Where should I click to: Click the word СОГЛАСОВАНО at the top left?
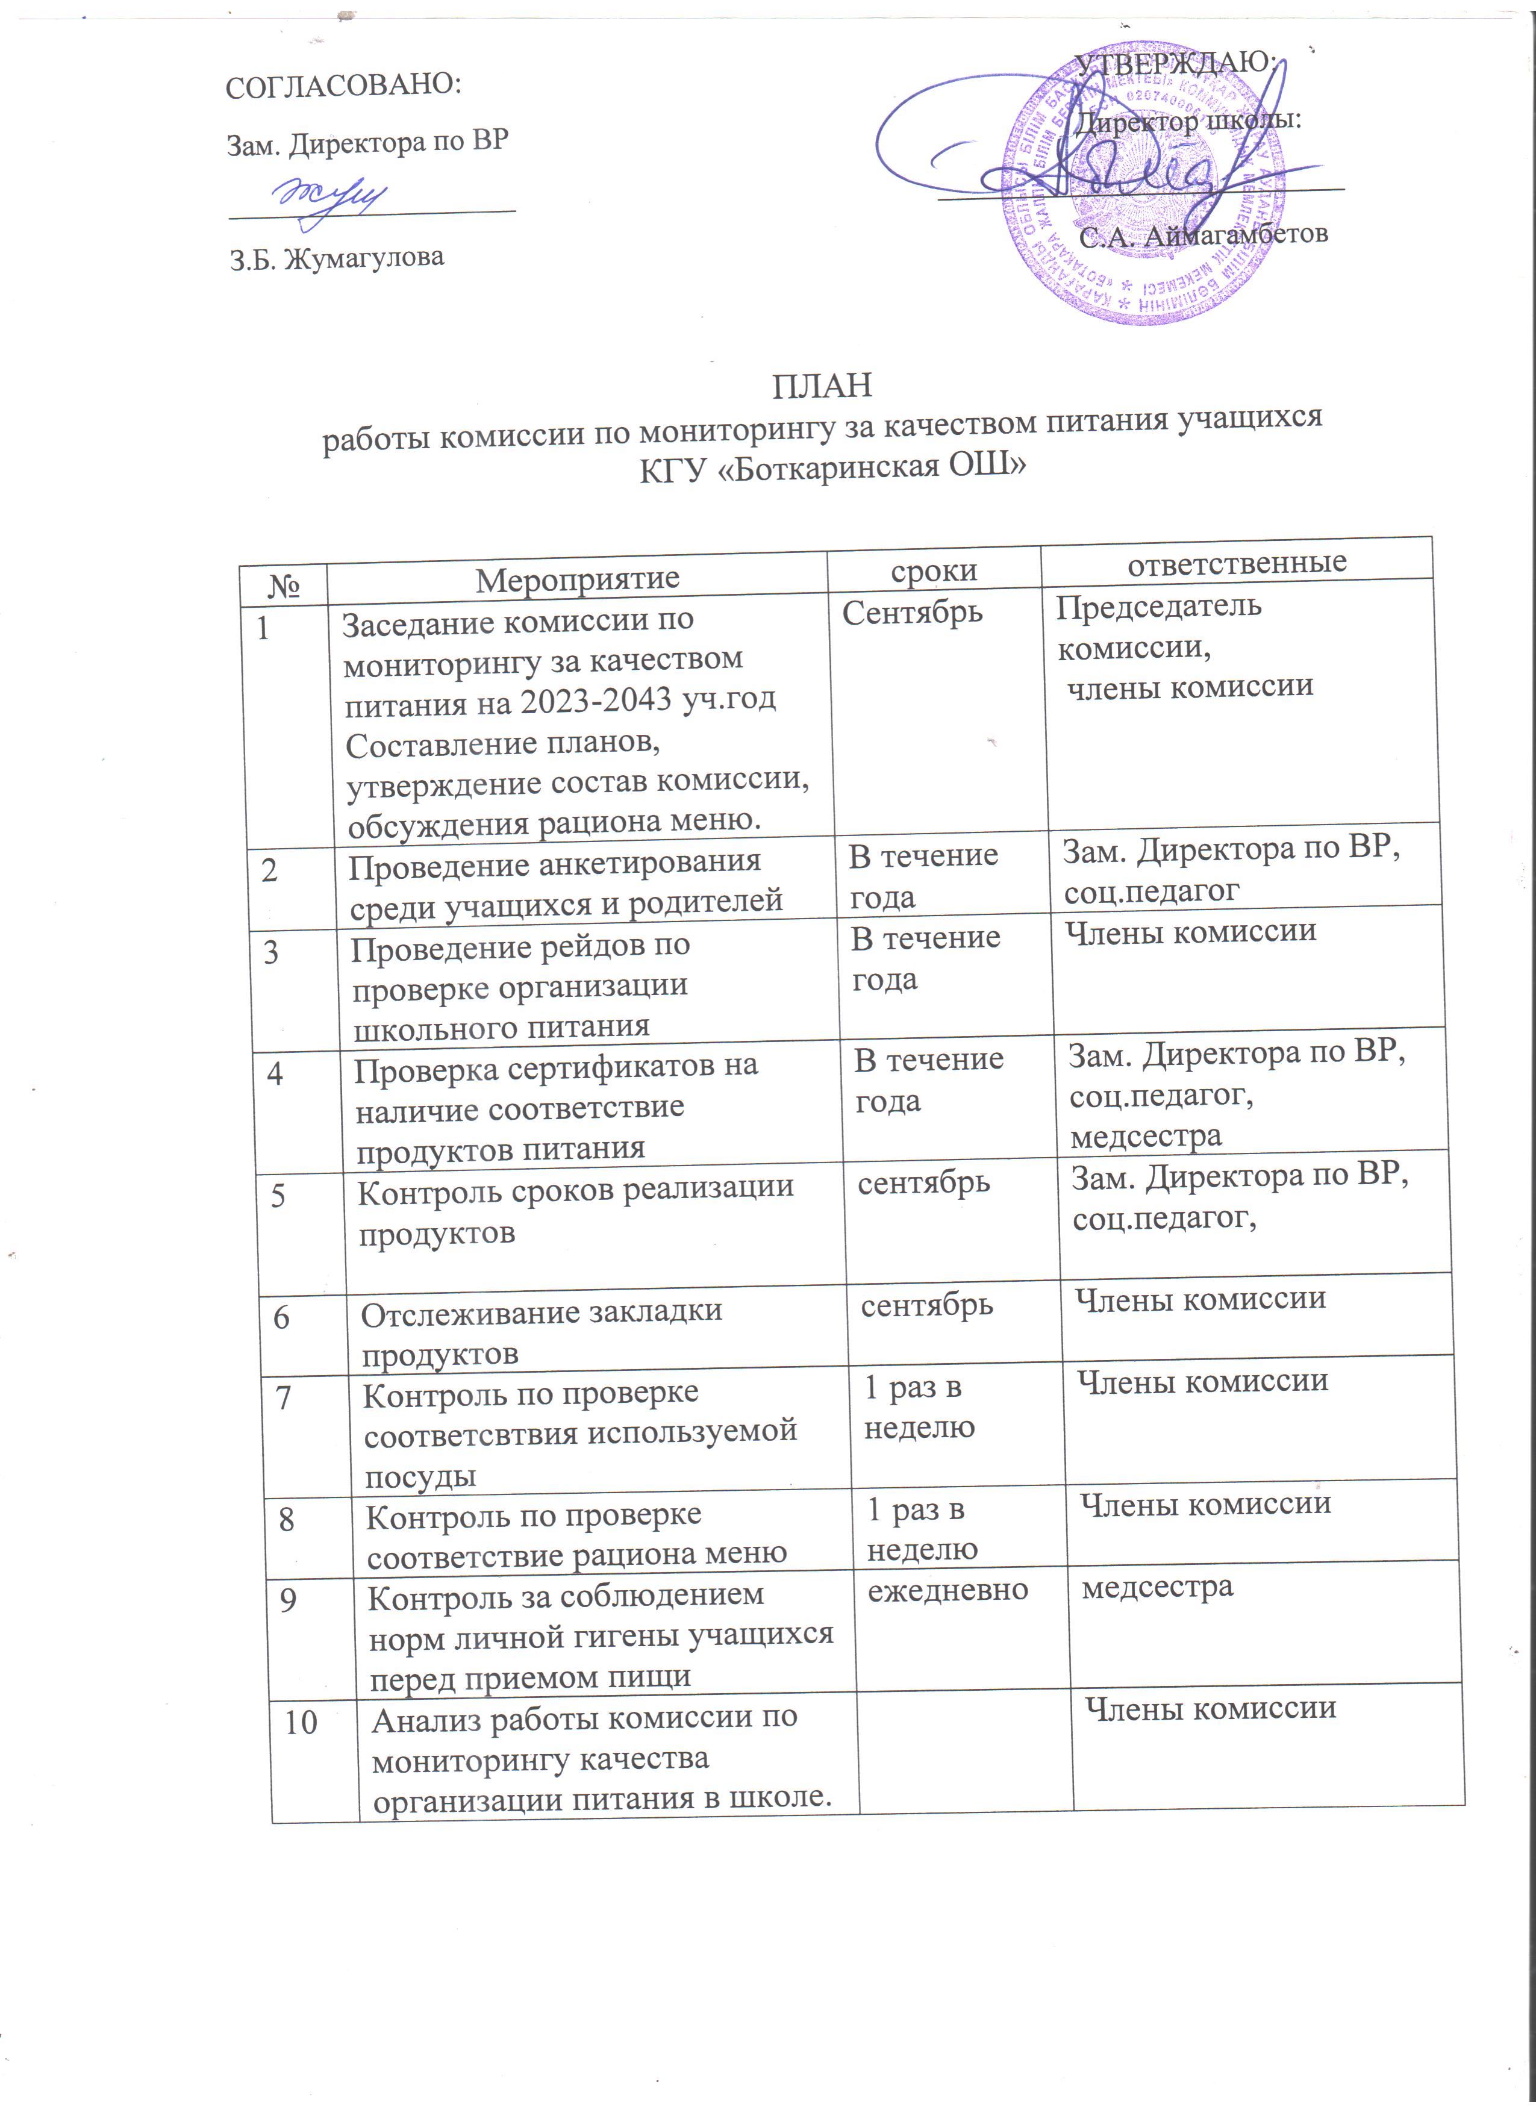click(344, 86)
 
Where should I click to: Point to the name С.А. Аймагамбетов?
click(1202, 235)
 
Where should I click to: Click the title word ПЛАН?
click(822, 385)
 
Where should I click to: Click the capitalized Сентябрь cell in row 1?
click(912, 612)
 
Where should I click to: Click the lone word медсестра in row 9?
click(1157, 1586)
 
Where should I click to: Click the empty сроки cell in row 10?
click(964, 1752)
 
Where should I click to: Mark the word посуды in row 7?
click(420, 1476)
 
